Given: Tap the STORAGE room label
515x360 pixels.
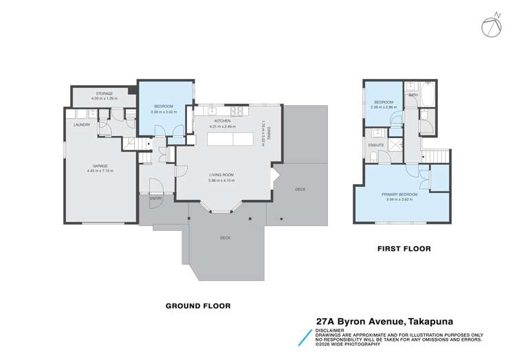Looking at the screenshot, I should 104,93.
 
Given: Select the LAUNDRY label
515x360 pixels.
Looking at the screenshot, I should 83,125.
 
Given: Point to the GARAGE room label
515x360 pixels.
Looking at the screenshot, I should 100,166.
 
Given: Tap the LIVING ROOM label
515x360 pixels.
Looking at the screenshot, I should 222,175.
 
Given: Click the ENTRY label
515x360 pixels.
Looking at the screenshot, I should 155,199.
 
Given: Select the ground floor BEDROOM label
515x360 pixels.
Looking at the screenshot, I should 164,106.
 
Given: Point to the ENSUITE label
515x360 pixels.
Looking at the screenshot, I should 376,145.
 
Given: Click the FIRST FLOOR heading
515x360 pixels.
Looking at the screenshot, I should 404,249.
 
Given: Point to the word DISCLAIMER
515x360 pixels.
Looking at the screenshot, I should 331,330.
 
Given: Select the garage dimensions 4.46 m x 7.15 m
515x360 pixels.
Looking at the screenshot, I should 100,171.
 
